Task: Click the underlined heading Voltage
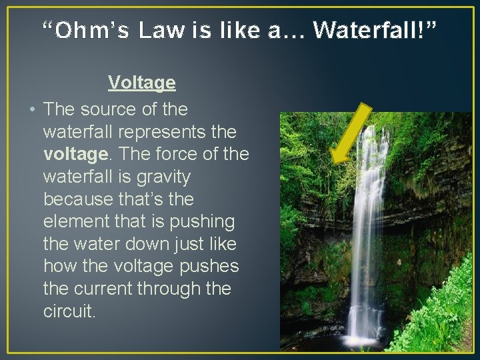[x=142, y=83]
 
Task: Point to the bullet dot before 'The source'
[x=31, y=109]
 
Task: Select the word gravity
[x=159, y=177]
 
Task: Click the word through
[x=185, y=289]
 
